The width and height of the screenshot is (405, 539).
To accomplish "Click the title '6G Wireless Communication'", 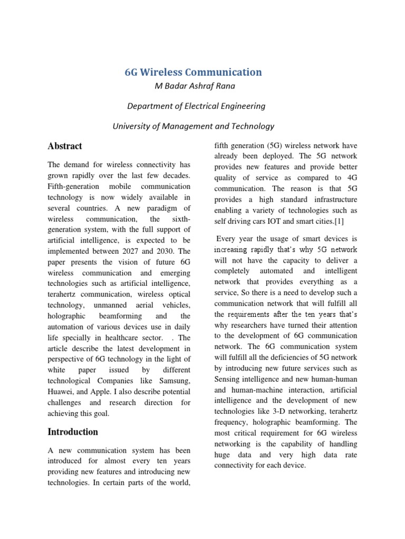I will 192,72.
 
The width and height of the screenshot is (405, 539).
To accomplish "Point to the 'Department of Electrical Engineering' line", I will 196,106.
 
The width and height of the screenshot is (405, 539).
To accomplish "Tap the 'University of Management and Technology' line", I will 194,126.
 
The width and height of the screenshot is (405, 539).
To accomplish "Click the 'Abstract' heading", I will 65,146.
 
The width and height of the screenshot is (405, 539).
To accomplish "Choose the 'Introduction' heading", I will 73,432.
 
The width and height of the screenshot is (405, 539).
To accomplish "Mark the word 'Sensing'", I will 229,379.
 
